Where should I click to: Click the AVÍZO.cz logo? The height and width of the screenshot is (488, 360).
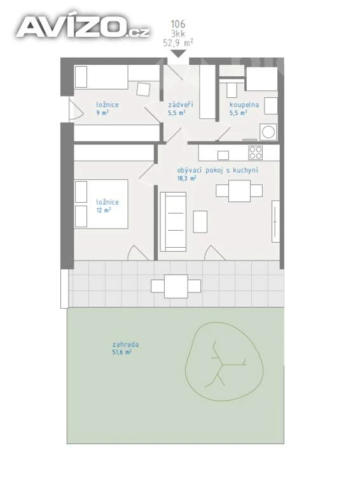pos(83,27)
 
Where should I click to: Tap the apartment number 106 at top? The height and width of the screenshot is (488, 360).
pos(178,24)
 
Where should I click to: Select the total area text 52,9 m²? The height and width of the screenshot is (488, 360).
pos(178,43)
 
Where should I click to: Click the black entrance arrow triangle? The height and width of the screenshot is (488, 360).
pos(179,53)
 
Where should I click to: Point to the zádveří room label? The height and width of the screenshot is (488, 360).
pos(181,104)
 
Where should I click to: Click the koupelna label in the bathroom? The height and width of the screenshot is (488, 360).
pos(244,105)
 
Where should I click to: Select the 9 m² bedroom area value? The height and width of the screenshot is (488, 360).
pos(102,112)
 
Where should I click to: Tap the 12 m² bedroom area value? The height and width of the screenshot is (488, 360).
pos(104,210)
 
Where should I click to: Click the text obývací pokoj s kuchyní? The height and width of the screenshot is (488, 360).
pos(218,170)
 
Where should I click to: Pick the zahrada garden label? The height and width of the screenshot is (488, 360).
pos(125,344)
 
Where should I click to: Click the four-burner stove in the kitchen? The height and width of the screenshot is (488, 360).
pos(255,152)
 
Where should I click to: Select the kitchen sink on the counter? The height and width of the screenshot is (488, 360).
pos(223,155)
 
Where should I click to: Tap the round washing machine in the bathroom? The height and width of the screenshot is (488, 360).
pos(268,132)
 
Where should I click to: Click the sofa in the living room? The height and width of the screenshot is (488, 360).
pos(173,222)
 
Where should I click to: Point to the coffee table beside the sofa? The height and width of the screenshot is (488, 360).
pos(200,222)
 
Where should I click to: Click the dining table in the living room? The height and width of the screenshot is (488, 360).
pos(240,191)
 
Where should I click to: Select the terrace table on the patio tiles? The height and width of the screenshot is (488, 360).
pos(176,287)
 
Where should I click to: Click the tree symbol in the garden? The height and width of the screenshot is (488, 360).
pos(225,362)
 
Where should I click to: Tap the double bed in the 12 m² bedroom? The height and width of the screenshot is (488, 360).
pos(101,204)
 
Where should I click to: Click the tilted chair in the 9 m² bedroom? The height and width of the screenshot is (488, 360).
pos(144,90)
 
